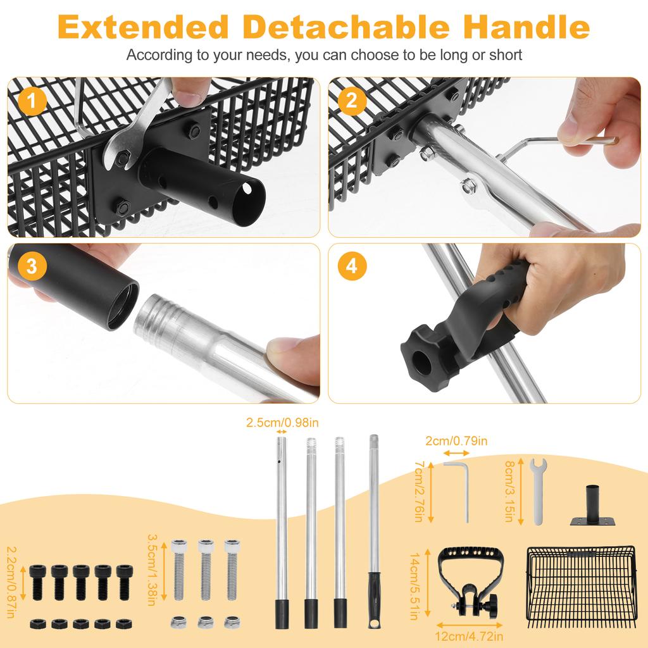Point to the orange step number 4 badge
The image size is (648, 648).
pos(351,267)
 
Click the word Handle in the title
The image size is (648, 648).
pos(526,27)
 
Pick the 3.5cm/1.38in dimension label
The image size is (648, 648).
pos(151,569)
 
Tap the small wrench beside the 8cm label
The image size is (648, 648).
pos(537,490)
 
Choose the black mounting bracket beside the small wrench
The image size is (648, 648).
pos(593,507)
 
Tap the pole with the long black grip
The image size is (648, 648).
pos(374,532)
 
